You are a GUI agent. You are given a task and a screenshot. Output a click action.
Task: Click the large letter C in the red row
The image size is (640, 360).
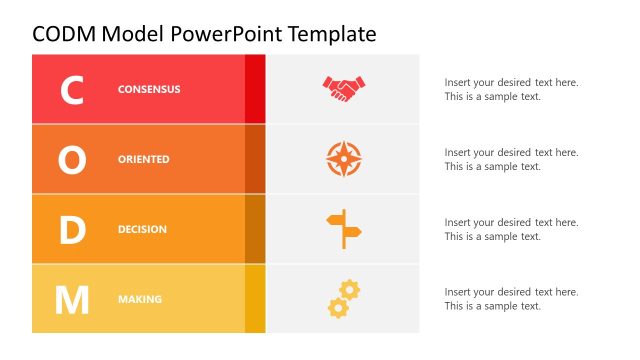(72, 90)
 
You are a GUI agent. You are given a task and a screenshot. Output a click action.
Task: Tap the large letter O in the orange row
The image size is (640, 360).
(72, 160)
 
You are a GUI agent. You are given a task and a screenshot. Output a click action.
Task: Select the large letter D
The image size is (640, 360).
(72, 230)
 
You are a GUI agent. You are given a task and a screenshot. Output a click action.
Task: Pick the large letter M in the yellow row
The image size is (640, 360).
(72, 299)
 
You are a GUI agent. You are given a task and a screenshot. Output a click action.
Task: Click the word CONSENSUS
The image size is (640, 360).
(149, 89)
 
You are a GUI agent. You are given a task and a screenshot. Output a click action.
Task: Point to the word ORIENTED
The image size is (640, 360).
(144, 159)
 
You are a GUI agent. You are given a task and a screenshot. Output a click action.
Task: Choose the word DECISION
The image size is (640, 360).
(142, 229)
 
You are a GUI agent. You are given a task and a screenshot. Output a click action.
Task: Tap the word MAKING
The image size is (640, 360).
(140, 299)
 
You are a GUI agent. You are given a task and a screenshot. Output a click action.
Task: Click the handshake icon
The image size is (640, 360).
(344, 89)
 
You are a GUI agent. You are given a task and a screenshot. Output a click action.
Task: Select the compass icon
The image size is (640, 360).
(344, 159)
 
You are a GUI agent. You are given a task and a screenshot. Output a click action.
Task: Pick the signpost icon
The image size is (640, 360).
(344, 229)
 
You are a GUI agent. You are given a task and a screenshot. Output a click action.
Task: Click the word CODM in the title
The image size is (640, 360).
(63, 34)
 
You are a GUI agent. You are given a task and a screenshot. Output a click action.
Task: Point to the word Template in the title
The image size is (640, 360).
(331, 34)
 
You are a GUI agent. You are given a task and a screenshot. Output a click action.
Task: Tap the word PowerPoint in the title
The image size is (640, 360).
(226, 34)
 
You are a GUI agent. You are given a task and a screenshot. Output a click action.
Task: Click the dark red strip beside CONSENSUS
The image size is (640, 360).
(255, 89)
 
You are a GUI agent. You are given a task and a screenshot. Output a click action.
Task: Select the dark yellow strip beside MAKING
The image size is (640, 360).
(255, 299)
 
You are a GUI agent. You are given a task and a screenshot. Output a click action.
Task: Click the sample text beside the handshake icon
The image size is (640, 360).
(511, 90)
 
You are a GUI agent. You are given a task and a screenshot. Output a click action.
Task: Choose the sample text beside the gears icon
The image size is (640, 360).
(511, 299)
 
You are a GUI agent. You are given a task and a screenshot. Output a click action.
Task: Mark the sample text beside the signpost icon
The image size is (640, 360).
(511, 229)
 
